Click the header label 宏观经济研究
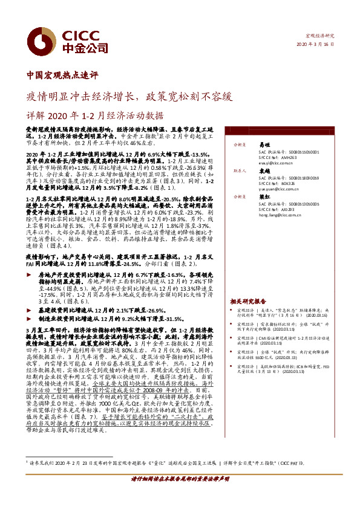319,36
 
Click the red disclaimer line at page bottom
180,494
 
